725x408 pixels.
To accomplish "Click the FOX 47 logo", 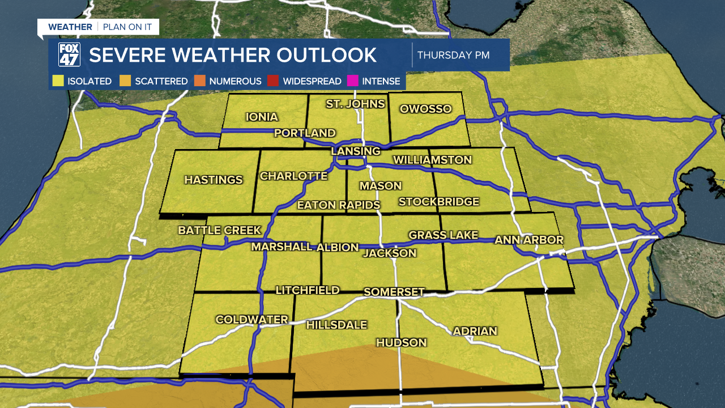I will click(x=69, y=55).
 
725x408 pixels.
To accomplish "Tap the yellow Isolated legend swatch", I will click(x=58, y=81).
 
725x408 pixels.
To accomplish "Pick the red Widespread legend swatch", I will click(x=274, y=81).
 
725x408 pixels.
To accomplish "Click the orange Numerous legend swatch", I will click(x=199, y=81).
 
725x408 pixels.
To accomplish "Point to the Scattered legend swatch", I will click(x=125, y=81).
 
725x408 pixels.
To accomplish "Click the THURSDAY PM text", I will click(x=453, y=55).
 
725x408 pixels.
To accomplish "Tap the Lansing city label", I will click(x=356, y=151).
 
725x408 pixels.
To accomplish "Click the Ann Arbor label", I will click(x=529, y=240).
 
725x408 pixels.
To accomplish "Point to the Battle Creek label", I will click(x=220, y=230).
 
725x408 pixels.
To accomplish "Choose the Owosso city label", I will click(x=425, y=109).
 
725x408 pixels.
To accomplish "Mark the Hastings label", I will click(x=214, y=180).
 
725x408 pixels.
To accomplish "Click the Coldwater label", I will click(x=252, y=320).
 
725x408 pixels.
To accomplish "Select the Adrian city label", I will click(x=475, y=331).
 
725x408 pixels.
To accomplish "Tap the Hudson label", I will click(x=401, y=342).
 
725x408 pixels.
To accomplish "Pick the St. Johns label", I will click(x=355, y=104).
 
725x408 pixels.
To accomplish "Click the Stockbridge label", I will click(x=439, y=202).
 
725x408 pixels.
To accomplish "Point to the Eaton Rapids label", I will click(x=339, y=205).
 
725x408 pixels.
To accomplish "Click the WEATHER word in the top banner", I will click(x=70, y=27).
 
